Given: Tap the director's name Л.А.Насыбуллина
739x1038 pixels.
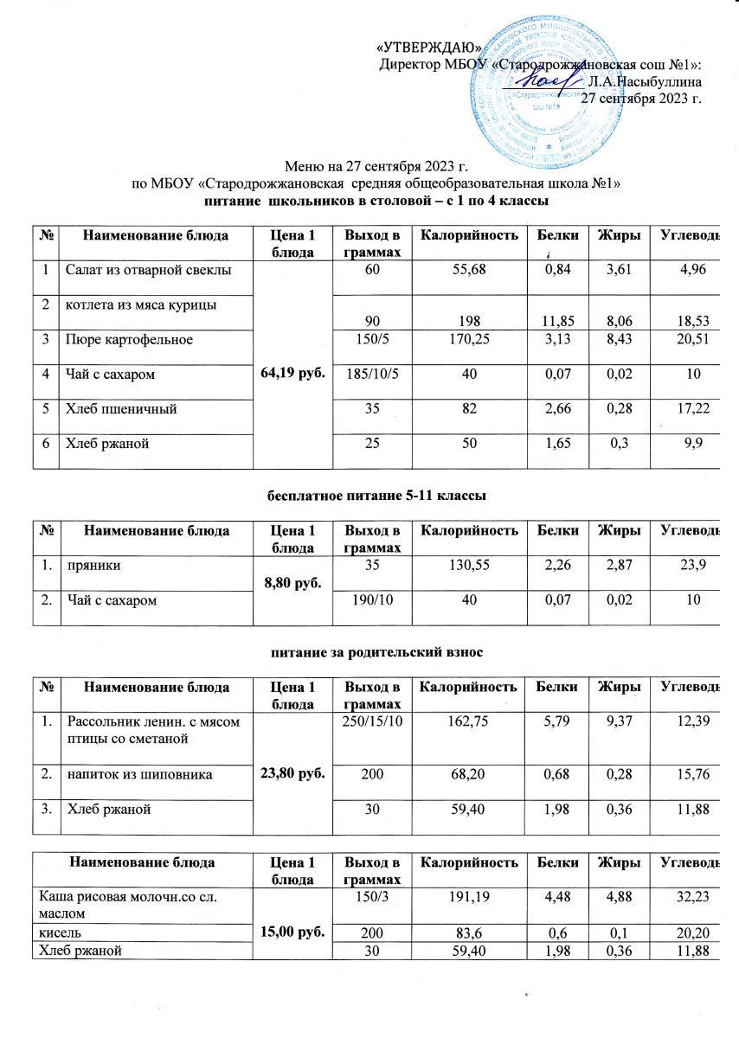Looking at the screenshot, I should click(x=644, y=82).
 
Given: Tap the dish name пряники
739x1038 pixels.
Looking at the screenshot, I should click(x=90, y=567).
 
